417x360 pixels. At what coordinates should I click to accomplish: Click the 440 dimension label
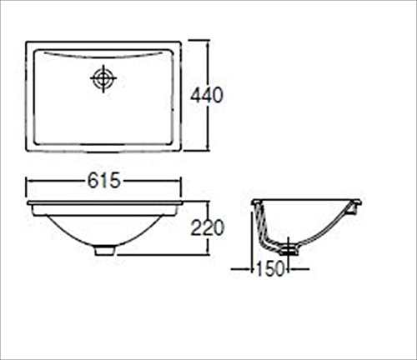click(x=207, y=95)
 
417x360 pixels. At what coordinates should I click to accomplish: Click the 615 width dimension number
click(x=104, y=181)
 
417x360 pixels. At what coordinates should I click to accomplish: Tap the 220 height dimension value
click(x=207, y=227)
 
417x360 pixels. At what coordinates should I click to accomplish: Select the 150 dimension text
click(x=270, y=268)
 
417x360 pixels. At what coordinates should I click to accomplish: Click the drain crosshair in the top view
click(x=103, y=78)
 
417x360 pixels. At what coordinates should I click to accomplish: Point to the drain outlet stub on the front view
click(x=104, y=251)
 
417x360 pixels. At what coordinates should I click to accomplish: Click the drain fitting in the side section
click(x=289, y=249)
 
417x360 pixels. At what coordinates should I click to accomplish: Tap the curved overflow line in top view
click(x=103, y=57)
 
